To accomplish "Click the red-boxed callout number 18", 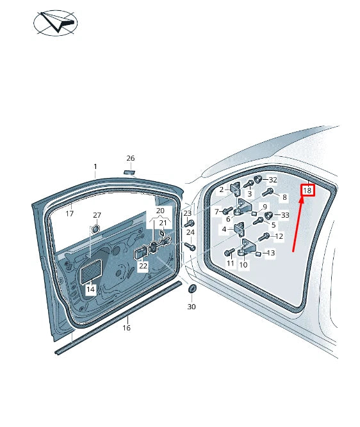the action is pos(307,190).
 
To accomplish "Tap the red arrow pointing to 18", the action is pos(297,225).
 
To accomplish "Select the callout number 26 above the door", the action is pos(131,158).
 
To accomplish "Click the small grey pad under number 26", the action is pos(130,172).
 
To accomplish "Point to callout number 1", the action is pos(95,166).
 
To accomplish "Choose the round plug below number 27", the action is pos(95,229).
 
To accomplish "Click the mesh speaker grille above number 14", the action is pos(92,271).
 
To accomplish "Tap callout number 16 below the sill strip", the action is pos(126,328).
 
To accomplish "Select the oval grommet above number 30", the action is pos(192,289).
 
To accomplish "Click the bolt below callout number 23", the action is pos(189,223).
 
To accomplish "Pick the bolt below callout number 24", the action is pos(190,246).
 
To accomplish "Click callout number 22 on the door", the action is pos(143,266).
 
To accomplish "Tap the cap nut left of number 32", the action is pos(258,179).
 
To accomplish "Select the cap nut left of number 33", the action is pos(269,215).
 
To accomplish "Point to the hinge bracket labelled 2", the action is pos(236,189).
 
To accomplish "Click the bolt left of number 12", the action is pos(264,237).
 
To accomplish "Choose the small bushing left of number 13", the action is pos(258,254).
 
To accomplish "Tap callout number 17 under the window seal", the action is pos(70,214).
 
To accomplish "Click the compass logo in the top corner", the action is pos(56,23).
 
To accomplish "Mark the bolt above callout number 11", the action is pos(229,252).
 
